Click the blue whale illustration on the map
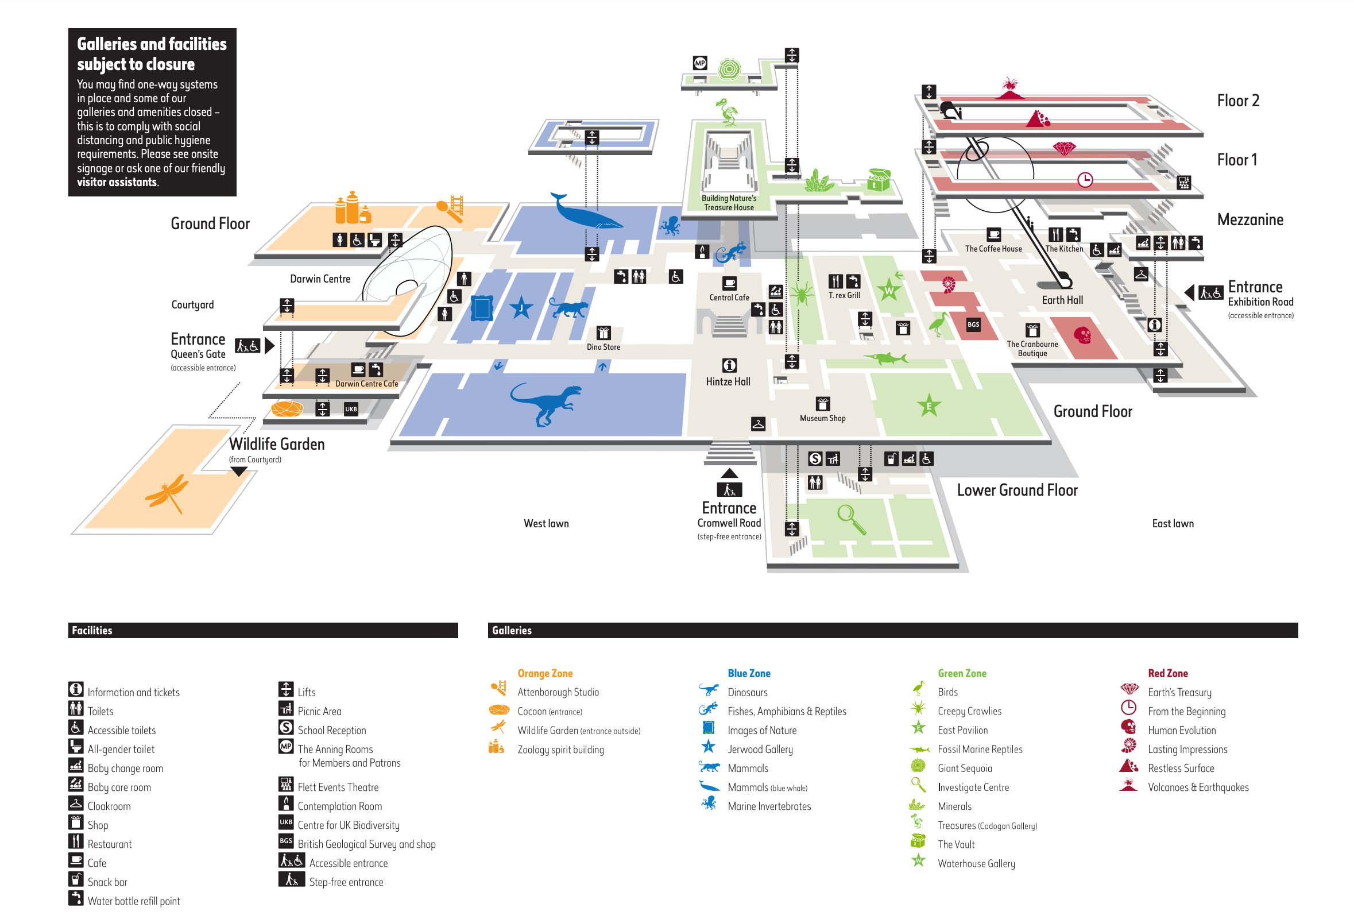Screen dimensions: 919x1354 point(583,213)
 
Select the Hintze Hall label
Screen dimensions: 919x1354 point(728,382)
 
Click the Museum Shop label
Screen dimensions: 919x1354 point(822,418)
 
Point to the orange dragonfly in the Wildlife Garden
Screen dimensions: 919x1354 point(167,493)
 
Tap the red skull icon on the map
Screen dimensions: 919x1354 point(1082,335)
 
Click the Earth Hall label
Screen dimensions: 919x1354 point(1062,300)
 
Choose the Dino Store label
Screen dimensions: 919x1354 point(603,347)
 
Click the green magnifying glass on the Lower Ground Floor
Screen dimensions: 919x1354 point(850,519)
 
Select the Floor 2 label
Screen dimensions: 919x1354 point(1237,101)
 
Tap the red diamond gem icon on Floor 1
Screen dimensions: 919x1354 point(1064,149)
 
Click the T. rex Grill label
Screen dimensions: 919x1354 point(844,295)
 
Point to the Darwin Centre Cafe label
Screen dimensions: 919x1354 point(366,384)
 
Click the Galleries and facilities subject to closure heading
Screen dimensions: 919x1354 point(152,53)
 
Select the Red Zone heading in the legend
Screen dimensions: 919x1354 point(1167,673)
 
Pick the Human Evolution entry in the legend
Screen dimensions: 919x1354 point(1182,730)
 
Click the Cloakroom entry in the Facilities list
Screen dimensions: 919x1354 point(109,806)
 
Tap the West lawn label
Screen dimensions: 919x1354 point(546,523)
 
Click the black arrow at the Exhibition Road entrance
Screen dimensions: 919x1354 point(1189,292)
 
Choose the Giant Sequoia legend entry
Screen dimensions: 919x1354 point(964,768)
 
